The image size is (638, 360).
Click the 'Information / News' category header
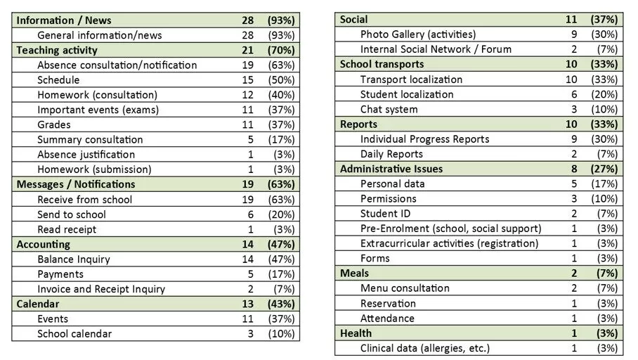coord(63,20)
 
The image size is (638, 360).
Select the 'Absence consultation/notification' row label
coord(117,65)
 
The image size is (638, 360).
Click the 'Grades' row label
coord(55,124)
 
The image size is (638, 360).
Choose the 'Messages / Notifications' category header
coord(75,184)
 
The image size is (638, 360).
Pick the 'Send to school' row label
coord(72,214)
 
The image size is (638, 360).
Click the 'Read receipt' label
coord(67,229)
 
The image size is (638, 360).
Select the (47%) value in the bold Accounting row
coord(281,244)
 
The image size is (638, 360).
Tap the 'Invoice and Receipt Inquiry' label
coord(101,289)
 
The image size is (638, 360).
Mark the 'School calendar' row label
coord(74,333)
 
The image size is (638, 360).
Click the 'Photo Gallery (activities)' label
coord(417,34)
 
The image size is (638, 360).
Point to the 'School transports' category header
coord(382,64)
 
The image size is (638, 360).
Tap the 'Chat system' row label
coord(389,109)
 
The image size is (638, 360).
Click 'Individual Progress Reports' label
coord(424,139)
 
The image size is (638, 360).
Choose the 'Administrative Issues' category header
coord(391,169)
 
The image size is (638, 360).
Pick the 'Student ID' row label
coord(385,213)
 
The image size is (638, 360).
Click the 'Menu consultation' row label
coord(405,288)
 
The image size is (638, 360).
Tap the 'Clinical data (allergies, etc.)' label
coord(424,348)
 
